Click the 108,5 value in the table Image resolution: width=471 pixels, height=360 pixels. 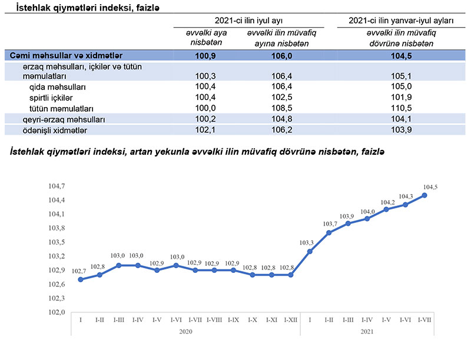(x=281, y=109)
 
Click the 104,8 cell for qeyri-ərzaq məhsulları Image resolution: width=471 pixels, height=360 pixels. (x=281, y=119)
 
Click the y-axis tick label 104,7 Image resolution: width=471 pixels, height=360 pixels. (x=57, y=186)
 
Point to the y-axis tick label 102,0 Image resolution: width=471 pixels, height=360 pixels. (x=57, y=312)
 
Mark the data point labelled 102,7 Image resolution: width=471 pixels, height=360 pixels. (x=81, y=279)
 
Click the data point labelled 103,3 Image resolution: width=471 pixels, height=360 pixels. (x=310, y=251)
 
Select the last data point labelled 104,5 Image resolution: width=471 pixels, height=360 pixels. (x=424, y=195)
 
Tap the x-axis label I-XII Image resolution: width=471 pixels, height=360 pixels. (x=290, y=319)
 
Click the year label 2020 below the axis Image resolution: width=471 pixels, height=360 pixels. (x=185, y=332)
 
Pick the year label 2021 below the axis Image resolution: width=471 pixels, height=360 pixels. (x=366, y=332)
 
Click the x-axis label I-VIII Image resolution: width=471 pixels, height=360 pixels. (x=214, y=319)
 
